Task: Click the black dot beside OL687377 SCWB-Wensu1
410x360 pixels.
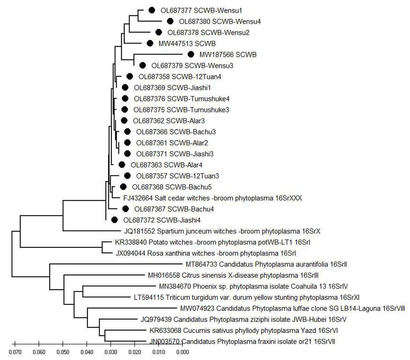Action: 152,10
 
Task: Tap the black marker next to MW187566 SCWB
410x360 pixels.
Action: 191,54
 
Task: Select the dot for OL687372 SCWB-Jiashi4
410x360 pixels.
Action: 114,220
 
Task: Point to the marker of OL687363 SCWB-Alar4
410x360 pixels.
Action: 122,165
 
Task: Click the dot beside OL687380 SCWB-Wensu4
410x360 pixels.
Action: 170,21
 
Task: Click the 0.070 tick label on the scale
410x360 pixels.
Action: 15,352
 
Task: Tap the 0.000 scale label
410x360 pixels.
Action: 183,352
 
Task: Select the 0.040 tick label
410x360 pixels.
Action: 87,352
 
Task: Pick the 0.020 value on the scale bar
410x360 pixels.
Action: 135,352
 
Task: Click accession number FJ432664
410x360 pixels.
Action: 138,198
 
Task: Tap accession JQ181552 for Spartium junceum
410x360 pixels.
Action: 140,231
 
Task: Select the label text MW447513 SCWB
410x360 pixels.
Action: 187,43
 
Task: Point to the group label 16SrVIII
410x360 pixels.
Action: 394,309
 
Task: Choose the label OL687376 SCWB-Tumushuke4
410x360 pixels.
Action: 182,99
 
